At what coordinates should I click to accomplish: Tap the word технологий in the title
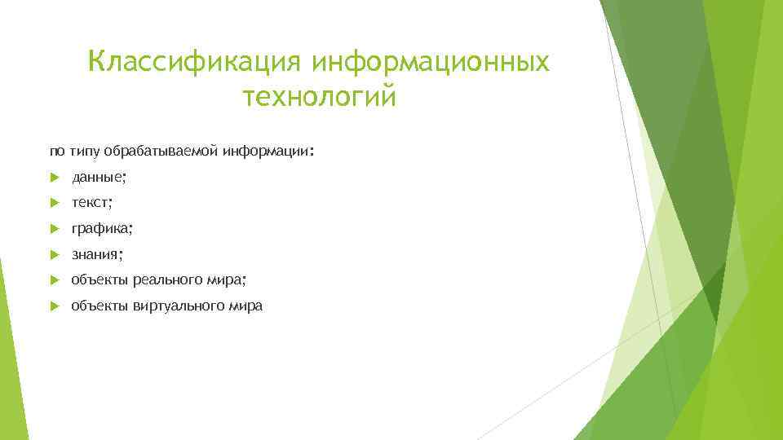click(x=319, y=97)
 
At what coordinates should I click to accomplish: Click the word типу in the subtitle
click(x=84, y=151)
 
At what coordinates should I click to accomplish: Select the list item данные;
click(x=99, y=177)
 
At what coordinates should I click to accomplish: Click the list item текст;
click(x=92, y=203)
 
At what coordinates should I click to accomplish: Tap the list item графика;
click(x=101, y=229)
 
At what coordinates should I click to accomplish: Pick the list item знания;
click(x=97, y=255)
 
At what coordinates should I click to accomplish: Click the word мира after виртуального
click(x=246, y=306)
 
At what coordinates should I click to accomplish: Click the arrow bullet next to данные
click(x=54, y=177)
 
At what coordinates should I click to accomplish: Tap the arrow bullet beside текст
click(x=54, y=203)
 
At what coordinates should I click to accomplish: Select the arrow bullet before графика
click(x=54, y=229)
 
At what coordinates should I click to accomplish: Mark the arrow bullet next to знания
click(x=54, y=255)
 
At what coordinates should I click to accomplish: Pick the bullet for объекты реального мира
click(x=54, y=280)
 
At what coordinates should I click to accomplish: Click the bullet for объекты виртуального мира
click(x=54, y=306)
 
